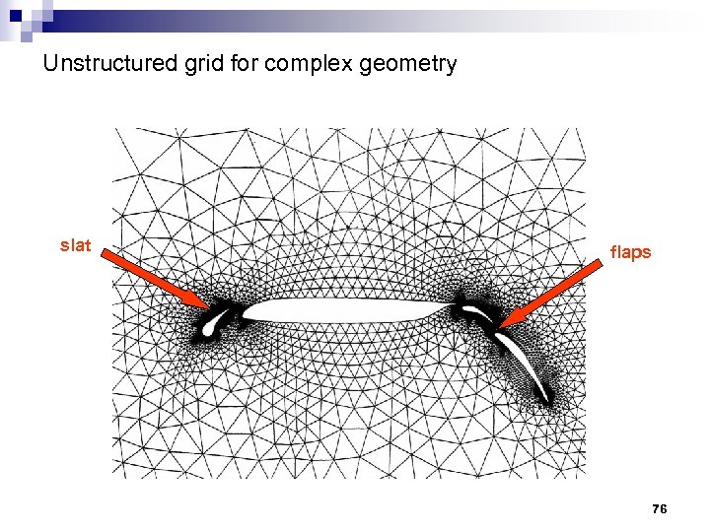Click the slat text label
[x=75, y=245]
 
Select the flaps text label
[x=630, y=252]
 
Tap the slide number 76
[x=660, y=508]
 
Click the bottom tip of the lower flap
[x=543, y=399]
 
